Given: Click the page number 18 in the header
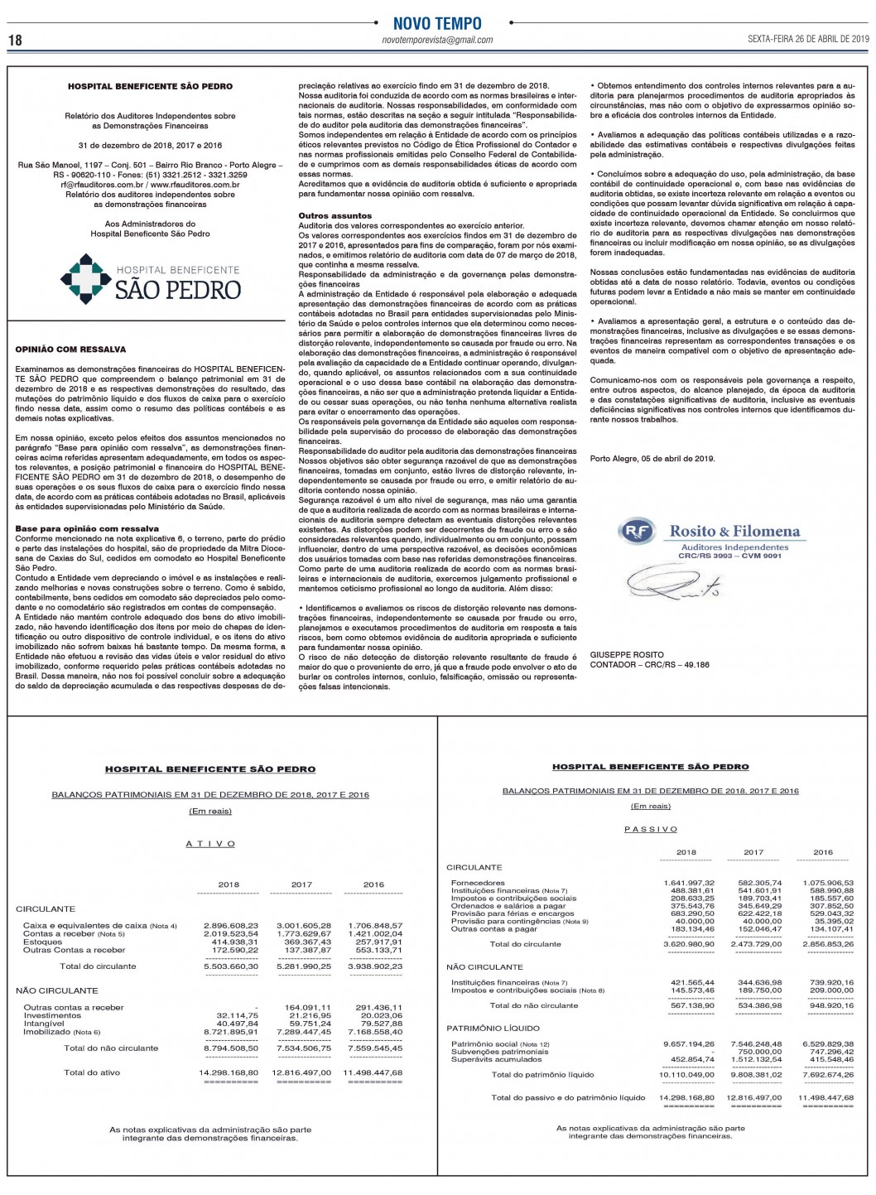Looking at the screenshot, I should (16, 40).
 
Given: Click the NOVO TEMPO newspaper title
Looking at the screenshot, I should (437, 23).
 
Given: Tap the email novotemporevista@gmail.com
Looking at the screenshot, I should (437, 40).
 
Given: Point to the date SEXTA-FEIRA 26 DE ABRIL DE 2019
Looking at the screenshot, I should (807, 38).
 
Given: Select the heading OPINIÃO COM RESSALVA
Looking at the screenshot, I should (70, 349).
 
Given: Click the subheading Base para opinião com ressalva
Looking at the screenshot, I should (87, 528).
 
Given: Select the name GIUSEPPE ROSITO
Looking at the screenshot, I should (627, 654).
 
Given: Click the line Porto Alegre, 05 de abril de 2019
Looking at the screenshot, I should (652, 458).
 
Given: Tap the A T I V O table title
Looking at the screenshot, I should (210, 844).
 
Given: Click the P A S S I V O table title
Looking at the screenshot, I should (650, 829).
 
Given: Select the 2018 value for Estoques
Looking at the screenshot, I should (235, 942).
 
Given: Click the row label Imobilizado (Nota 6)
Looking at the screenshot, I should (61, 1032).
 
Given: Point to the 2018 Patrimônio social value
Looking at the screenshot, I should (689, 1043).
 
